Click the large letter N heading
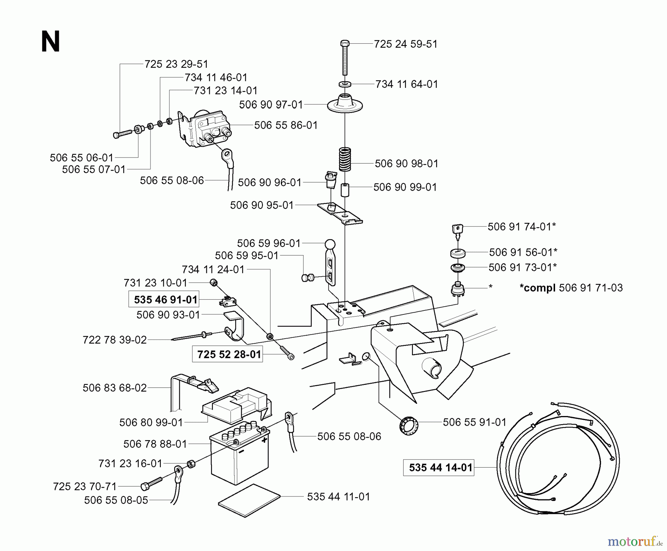click(x=50, y=42)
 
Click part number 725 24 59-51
click(x=405, y=44)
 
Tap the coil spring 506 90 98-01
click(x=345, y=159)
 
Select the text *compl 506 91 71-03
click(x=571, y=288)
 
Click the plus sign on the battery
click(x=264, y=440)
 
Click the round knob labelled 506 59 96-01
click(x=330, y=244)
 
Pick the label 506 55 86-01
click(x=286, y=125)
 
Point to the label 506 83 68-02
click(x=115, y=388)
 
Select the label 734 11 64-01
click(x=406, y=84)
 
